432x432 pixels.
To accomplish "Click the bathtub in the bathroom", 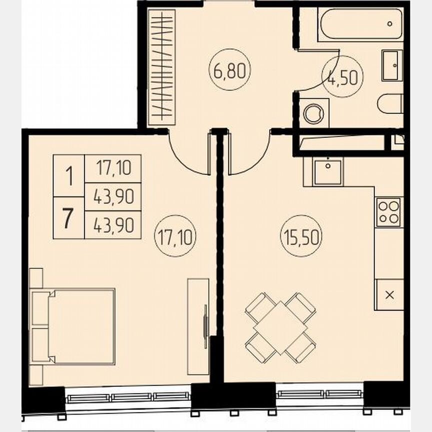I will click(x=361, y=24).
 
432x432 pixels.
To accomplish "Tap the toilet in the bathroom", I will click(x=390, y=104).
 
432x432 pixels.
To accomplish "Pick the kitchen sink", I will click(x=327, y=172).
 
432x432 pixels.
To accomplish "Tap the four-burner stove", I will click(x=388, y=211).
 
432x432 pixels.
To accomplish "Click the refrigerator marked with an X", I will click(x=389, y=294).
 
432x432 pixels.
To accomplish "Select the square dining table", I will click(x=280, y=327).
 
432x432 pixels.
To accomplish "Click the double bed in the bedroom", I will click(x=75, y=326).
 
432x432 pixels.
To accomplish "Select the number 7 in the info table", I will click(x=68, y=218).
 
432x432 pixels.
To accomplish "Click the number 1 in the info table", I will click(x=68, y=175).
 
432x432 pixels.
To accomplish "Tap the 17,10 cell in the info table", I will click(x=113, y=168).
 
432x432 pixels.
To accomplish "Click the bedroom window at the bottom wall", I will click(x=128, y=397).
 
